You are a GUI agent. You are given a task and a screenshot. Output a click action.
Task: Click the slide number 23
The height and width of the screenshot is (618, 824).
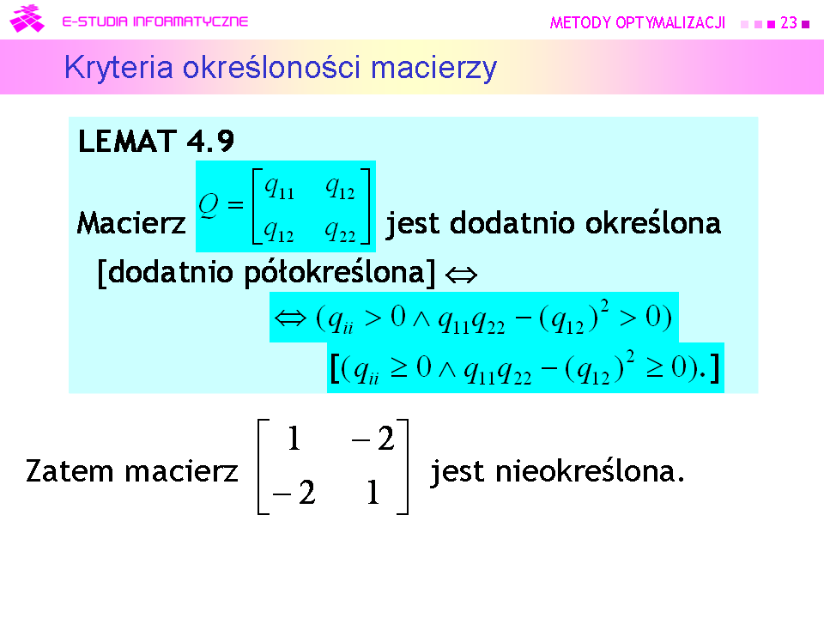[788, 22]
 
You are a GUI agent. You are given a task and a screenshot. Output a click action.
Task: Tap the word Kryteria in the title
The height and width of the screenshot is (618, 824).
[118, 69]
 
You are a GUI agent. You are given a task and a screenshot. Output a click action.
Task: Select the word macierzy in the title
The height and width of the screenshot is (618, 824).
[433, 69]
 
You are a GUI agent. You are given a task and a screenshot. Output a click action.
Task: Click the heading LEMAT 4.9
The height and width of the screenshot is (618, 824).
[156, 142]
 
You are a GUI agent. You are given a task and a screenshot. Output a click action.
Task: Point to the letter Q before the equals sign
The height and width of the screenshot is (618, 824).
[209, 205]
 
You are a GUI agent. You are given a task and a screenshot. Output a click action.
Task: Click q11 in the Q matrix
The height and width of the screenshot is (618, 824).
[279, 188]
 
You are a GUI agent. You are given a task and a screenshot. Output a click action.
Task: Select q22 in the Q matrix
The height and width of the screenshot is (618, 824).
[340, 231]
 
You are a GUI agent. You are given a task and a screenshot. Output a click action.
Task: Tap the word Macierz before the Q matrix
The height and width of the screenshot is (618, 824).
[131, 223]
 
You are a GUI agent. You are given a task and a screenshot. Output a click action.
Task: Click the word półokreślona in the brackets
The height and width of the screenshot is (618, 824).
[334, 273]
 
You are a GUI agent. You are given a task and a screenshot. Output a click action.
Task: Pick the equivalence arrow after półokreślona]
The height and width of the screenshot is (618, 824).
[461, 275]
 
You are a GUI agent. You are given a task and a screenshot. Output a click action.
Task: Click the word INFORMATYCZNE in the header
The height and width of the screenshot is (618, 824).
[191, 21]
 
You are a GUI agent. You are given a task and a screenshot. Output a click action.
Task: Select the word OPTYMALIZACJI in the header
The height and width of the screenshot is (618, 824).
[670, 22]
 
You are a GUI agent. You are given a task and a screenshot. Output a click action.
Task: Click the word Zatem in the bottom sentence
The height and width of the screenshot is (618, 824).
[70, 471]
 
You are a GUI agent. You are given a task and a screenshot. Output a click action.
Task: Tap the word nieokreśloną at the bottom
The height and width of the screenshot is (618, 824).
[590, 471]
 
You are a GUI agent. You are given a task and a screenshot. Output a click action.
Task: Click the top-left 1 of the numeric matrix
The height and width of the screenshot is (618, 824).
[294, 439]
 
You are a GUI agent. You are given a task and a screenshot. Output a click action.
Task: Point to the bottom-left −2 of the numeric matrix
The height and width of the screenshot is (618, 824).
[294, 493]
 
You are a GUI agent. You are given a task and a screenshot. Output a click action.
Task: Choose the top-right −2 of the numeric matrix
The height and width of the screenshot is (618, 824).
[373, 439]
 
